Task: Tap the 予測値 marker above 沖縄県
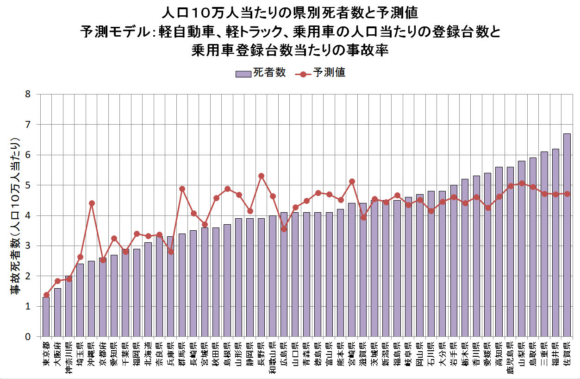[x=92, y=203]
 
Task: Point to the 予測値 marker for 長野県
[x=261, y=176]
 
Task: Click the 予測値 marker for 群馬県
[x=182, y=189]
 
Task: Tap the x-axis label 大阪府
[x=57, y=354]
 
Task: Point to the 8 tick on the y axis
[x=28, y=95]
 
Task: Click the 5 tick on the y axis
[x=28, y=185]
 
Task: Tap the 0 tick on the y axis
[x=28, y=337]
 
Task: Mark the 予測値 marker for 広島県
[x=284, y=229]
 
